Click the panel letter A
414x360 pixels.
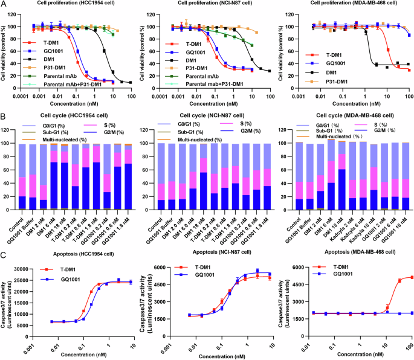[4, 4]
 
